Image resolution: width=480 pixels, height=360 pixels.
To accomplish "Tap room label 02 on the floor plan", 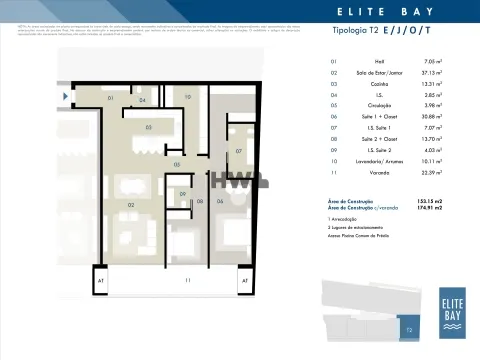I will (131, 204).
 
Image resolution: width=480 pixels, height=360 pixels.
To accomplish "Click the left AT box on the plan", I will (99, 282).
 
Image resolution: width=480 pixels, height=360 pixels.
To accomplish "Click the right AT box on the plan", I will (244, 282).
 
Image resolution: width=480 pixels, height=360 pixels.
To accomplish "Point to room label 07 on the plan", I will (239, 151).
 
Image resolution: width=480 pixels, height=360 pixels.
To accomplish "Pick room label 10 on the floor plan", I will (187, 96).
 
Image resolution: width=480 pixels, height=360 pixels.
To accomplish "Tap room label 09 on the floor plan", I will (183, 194).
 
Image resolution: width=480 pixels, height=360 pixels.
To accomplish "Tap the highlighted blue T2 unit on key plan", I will (407, 326).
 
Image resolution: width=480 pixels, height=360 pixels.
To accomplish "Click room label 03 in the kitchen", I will (148, 128).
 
